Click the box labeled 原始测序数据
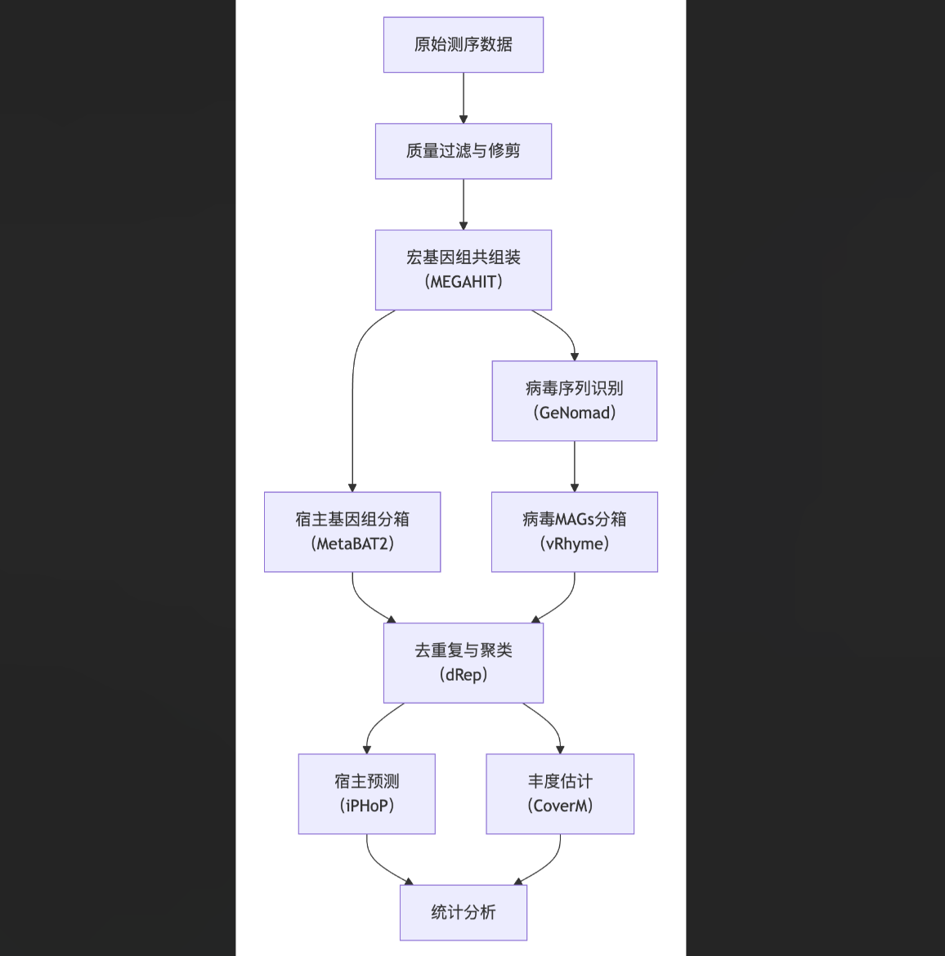click(x=464, y=45)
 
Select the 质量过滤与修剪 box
click(x=464, y=151)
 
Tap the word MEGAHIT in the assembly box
click(x=464, y=282)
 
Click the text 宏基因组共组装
click(x=464, y=257)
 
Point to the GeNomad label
click(x=575, y=413)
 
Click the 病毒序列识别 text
click(x=575, y=388)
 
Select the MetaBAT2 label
click(x=352, y=543)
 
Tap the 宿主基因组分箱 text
click(x=352, y=519)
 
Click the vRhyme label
click(x=575, y=543)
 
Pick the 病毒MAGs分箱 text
click(x=575, y=519)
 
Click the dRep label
click(x=464, y=675)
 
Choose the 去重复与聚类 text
click(x=464, y=650)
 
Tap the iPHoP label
click(x=367, y=806)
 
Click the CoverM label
click(x=560, y=806)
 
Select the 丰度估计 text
click(x=560, y=781)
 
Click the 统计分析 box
click(x=464, y=913)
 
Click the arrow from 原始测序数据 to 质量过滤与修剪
click(x=464, y=98)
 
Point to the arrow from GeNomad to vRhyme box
click(x=575, y=467)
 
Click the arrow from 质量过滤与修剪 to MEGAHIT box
click(x=464, y=204)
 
